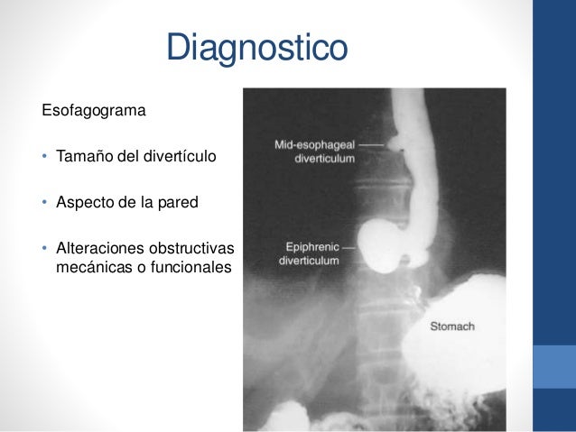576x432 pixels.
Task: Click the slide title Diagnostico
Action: (256, 48)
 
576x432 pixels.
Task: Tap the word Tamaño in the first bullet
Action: (88, 158)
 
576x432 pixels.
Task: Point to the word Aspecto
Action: (87, 202)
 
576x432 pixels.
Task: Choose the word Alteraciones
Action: (98, 247)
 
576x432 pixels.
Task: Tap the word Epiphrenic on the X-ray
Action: (311, 245)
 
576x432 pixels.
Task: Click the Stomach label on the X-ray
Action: (451, 326)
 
